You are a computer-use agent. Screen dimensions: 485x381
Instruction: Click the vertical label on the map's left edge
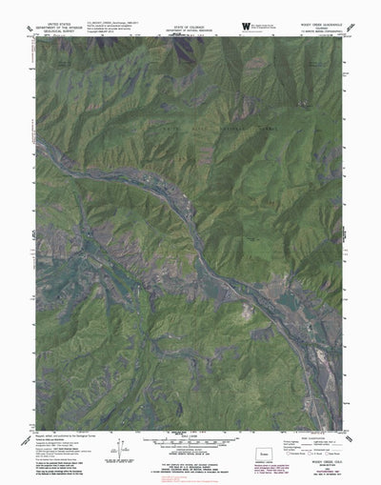(31, 233)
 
